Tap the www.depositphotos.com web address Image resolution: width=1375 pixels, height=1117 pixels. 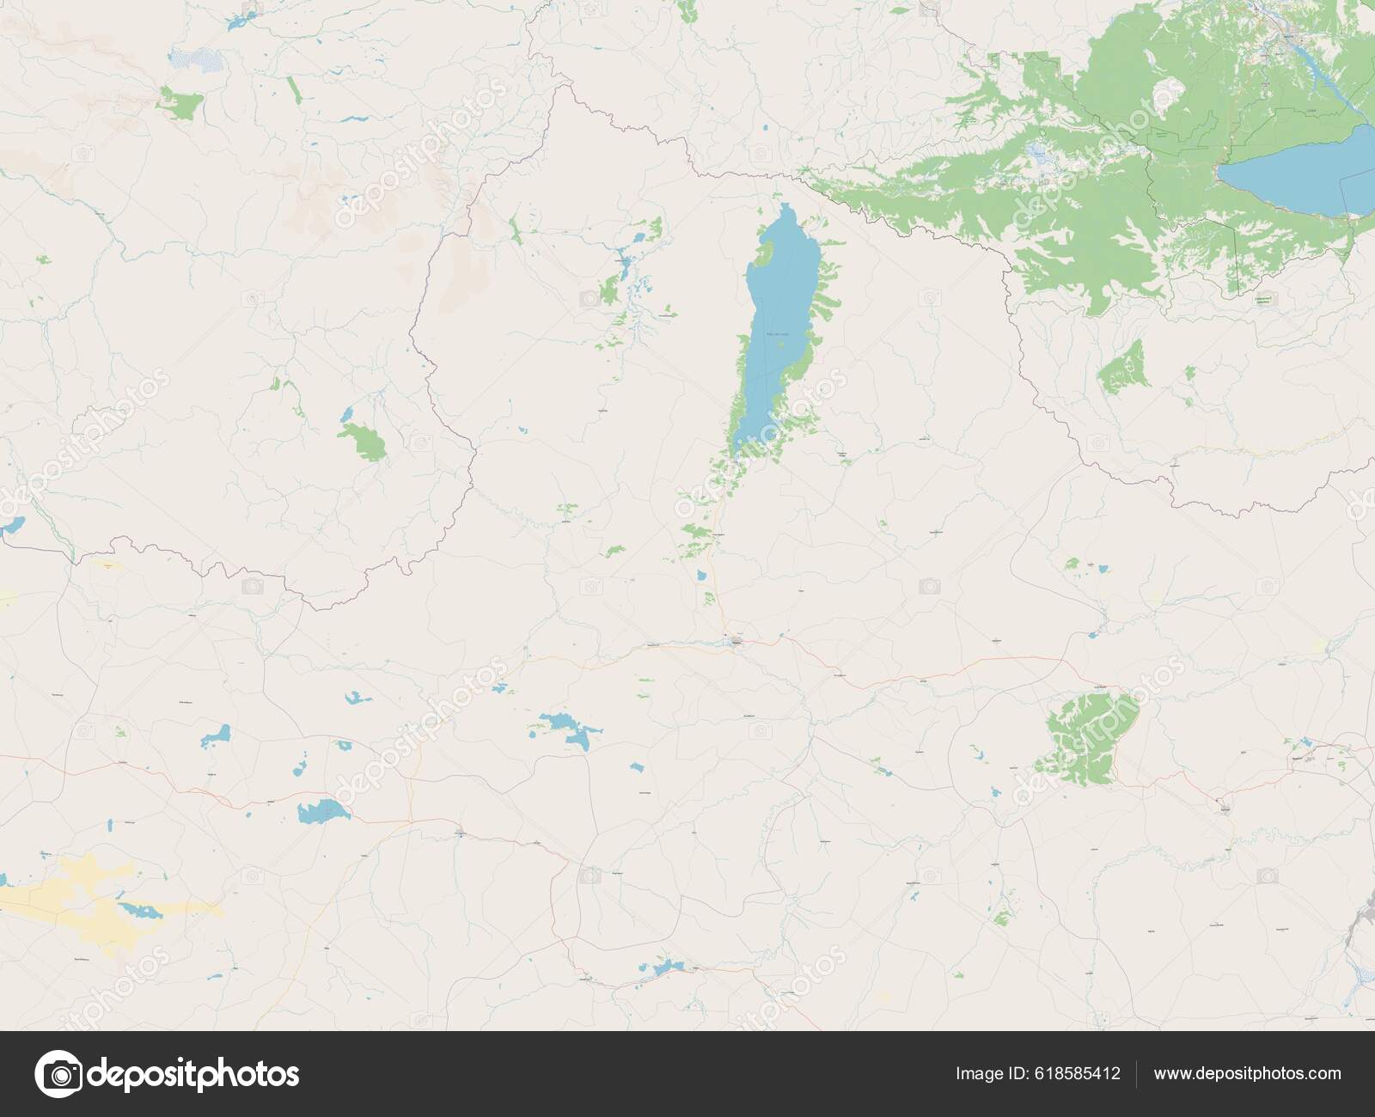coord(1247,1073)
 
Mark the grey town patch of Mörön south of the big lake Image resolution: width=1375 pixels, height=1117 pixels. coord(737,641)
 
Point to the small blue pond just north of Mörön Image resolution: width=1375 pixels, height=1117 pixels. coord(703,574)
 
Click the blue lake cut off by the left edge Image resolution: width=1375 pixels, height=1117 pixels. coord(10,526)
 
